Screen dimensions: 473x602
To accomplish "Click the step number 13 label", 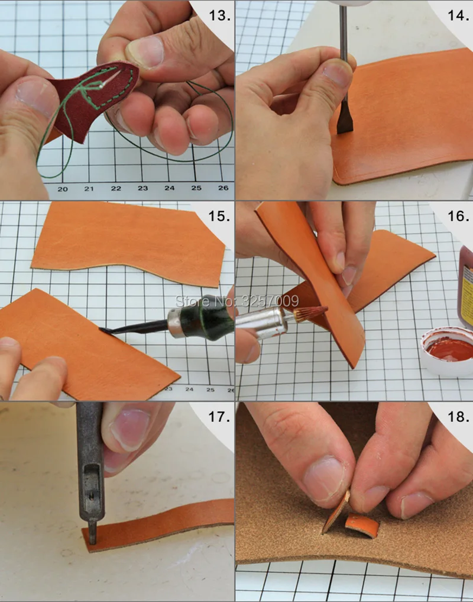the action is click(x=219, y=16).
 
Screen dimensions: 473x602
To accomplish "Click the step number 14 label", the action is click(x=458, y=16).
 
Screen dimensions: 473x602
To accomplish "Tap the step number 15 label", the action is click(x=219, y=216).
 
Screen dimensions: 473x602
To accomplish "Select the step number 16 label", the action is click(x=458, y=216).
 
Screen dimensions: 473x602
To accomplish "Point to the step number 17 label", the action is click(x=219, y=417).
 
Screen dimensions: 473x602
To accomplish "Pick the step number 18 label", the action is click(x=458, y=417).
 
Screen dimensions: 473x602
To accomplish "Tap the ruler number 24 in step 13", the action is click(x=170, y=188).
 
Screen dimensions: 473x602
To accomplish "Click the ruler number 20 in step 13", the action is click(x=63, y=189).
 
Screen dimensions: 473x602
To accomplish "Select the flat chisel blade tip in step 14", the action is click(x=342, y=131).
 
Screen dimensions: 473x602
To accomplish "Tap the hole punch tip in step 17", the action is click(x=92, y=536).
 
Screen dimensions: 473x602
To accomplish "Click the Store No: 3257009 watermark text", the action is click(x=237, y=301).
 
